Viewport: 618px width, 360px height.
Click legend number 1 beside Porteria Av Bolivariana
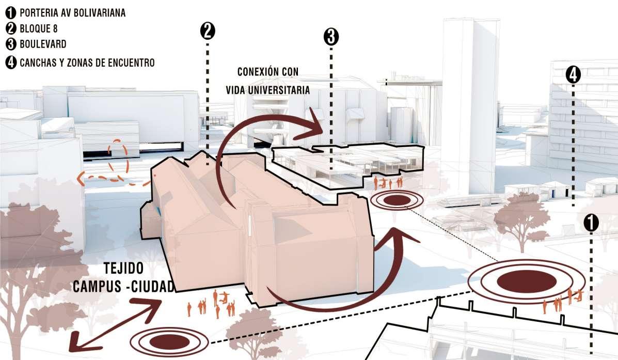(10, 13)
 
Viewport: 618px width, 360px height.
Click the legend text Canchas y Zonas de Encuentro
(87, 63)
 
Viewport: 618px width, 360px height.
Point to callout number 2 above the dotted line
(207, 31)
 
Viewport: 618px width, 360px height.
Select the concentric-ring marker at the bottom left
(169, 341)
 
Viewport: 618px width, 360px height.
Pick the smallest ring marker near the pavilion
(397, 200)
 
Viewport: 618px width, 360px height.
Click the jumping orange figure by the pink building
(224, 298)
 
